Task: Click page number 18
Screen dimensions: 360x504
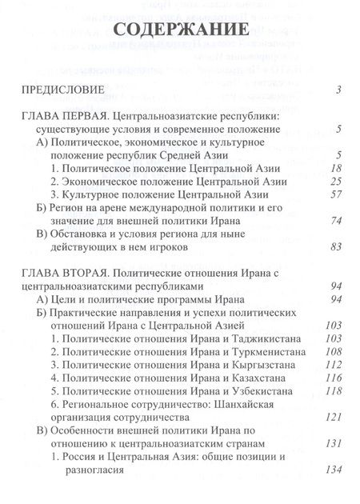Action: click(336, 169)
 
